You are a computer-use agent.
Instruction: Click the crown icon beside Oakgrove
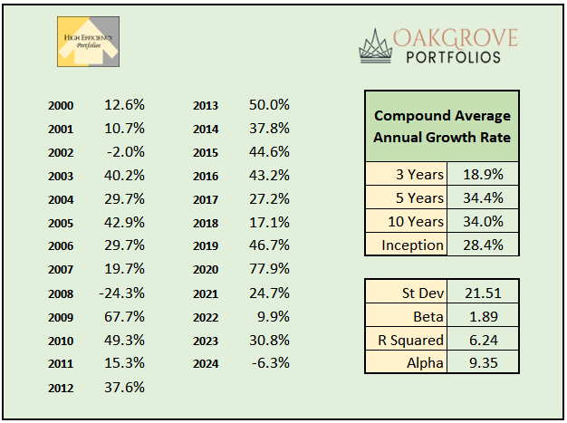(375, 44)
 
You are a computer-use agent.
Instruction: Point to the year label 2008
(62, 294)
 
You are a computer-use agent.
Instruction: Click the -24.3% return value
(123, 293)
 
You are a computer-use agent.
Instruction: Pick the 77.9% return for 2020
(269, 270)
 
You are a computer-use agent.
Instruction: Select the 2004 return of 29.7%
(125, 199)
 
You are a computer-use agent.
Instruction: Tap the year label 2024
(207, 365)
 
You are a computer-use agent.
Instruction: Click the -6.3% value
(270, 364)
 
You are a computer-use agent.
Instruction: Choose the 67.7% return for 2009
(125, 317)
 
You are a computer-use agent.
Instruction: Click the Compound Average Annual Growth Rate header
(442, 127)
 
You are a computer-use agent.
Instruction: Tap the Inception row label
(413, 245)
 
